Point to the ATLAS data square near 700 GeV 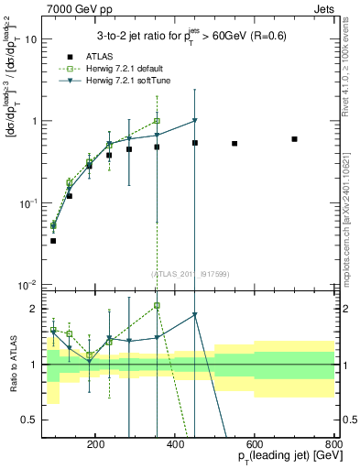tap(294, 139)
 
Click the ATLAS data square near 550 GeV tap(235, 144)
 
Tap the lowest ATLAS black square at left tap(53, 241)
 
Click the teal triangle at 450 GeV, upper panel tap(195, 121)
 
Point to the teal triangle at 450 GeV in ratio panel tap(195, 315)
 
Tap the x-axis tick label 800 tap(333, 442)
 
